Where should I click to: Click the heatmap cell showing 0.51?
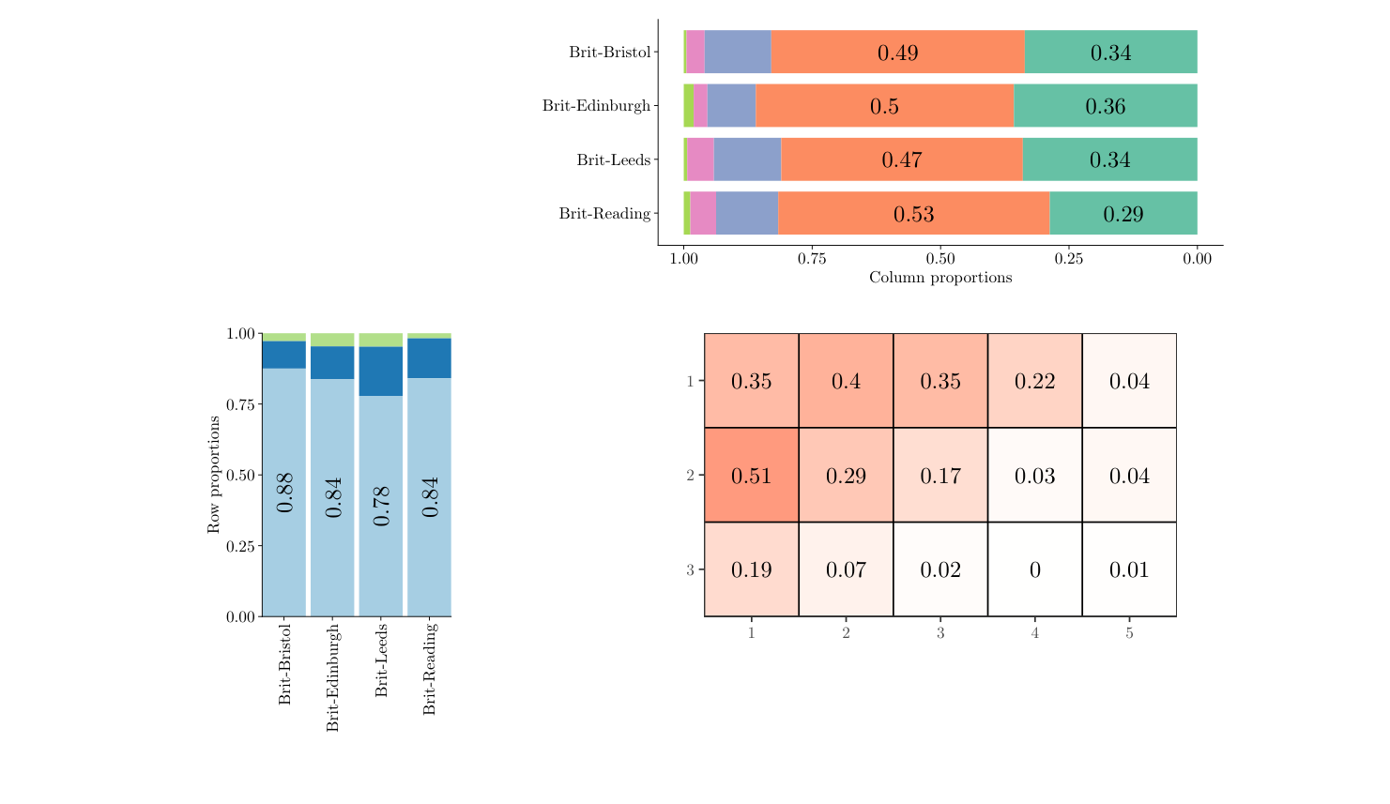751,475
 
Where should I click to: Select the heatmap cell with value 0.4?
846,381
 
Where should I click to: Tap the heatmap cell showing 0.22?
1034,381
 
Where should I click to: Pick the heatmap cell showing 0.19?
751,569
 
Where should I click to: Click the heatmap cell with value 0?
1034,569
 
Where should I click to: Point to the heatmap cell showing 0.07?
846,569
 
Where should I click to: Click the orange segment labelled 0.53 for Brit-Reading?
913,214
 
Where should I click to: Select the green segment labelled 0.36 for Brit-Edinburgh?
1105,106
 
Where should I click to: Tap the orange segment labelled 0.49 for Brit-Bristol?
897,53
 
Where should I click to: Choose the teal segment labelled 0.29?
1123,214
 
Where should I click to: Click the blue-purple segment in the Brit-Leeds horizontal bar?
747,159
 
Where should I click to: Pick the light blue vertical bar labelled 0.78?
381,506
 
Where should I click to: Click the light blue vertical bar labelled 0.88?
284,492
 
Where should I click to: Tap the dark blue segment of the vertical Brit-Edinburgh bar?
332,362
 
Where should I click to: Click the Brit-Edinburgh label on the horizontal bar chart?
596,106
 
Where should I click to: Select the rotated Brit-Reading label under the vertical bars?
430,668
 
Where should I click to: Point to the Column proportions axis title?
939,278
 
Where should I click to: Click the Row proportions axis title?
214,475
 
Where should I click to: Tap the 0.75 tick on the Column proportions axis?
812,259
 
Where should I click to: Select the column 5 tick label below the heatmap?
1129,633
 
